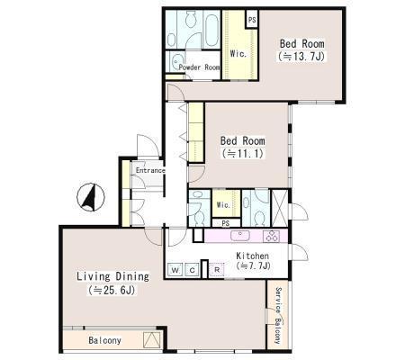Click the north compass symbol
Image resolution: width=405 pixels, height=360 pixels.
click(x=91, y=197)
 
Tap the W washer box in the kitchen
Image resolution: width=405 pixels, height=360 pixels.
click(x=175, y=270)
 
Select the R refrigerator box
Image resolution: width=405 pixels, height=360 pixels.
click(x=217, y=270)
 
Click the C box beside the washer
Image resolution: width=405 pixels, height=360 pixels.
click(x=193, y=270)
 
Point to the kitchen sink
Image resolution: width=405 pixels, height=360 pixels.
click(x=240, y=235)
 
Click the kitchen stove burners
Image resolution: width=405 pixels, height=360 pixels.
click(x=271, y=236)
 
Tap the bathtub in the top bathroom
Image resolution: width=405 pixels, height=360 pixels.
click(x=211, y=30)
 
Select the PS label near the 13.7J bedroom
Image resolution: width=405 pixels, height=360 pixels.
click(x=252, y=20)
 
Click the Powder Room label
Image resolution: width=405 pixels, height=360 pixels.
click(x=199, y=67)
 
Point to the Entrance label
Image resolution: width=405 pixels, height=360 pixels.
click(x=150, y=170)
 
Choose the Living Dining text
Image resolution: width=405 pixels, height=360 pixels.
click(x=112, y=276)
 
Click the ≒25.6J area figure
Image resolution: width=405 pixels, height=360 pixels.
click(x=112, y=290)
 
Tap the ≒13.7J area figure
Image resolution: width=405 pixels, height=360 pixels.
click(x=301, y=57)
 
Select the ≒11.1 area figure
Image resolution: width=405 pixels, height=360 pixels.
click(x=242, y=154)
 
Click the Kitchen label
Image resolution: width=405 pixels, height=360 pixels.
click(x=252, y=256)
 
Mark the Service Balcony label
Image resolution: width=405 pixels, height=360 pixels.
click(x=278, y=316)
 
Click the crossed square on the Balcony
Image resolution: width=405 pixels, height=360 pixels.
click(x=151, y=340)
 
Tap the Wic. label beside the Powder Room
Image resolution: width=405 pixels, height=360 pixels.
click(x=238, y=54)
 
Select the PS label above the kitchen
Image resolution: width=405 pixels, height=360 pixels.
click(x=226, y=223)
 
